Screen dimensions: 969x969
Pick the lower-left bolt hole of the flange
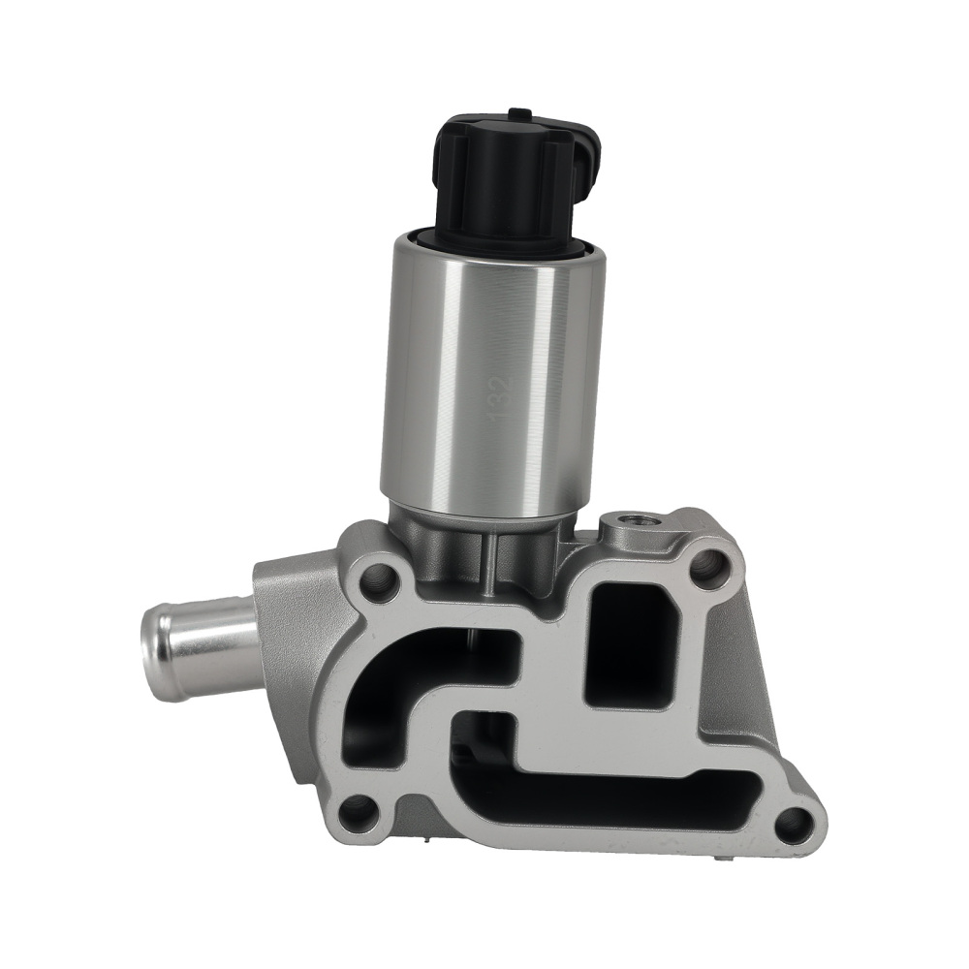[359, 811]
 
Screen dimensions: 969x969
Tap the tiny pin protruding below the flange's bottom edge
[721, 859]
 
